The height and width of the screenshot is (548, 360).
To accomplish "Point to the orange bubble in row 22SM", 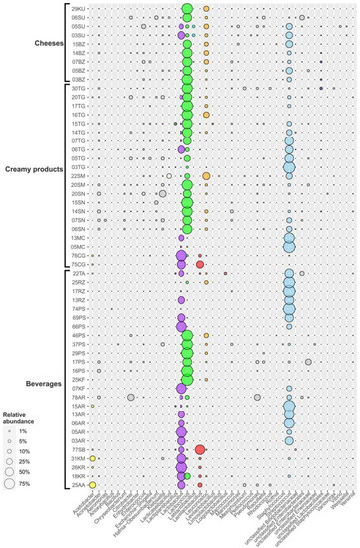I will click(x=206, y=176).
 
